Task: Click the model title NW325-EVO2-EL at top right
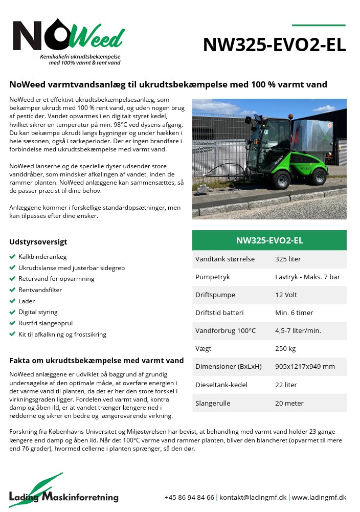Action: (x=274, y=45)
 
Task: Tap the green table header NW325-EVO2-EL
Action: (x=269, y=240)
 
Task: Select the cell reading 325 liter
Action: (x=288, y=259)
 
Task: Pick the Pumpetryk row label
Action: (x=213, y=277)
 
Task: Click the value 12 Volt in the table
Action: (x=286, y=295)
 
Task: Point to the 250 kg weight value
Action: (x=285, y=349)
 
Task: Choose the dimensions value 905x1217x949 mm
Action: (x=305, y=367)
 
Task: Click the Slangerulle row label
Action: (x=213, y=403)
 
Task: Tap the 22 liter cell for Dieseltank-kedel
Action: (x=286, y=385)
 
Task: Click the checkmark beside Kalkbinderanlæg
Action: (x=12, y=257)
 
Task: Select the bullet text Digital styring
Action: (x=38, y=312)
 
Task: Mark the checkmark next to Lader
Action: (x=12, y=301)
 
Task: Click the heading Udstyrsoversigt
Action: (x=38, y=242)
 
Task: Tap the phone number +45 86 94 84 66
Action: (x=189, y=497)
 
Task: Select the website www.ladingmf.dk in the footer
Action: (x=319, y=497)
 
